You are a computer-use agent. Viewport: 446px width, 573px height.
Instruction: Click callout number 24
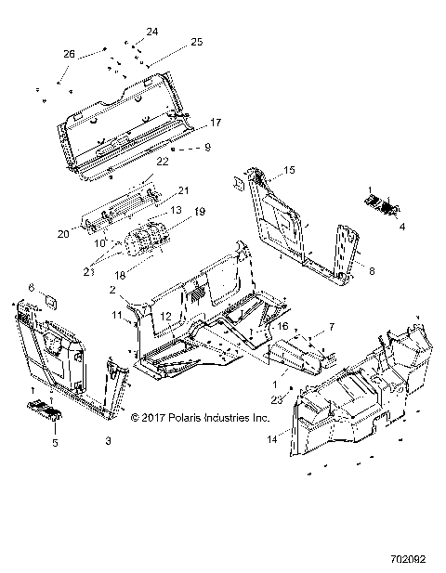pos(152,32)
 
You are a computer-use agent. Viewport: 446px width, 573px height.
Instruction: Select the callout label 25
pos(196,42)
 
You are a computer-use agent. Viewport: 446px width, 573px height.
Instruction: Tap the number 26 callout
pos(69,54)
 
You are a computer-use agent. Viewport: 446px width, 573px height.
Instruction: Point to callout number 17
pos(215,122)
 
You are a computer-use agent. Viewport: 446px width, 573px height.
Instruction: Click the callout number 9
pos(207,147)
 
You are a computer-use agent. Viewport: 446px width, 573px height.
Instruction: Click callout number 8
pos(373,270)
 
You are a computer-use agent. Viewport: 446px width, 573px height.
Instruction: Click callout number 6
pos(29,288)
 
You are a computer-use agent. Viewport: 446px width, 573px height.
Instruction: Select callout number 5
pos(53,444)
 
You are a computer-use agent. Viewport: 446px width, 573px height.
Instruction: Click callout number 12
pos(164,317)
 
